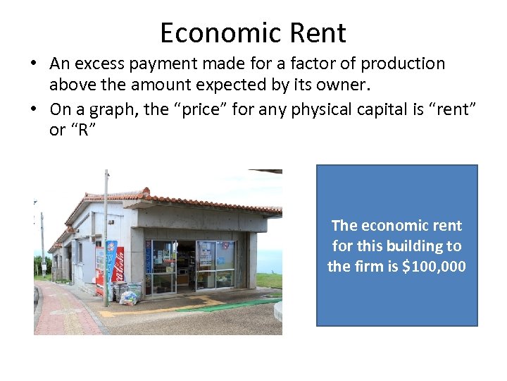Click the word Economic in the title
click(x=218, y=33)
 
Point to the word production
click(x=405, y=64)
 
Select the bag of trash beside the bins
click(x=129, y=297)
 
